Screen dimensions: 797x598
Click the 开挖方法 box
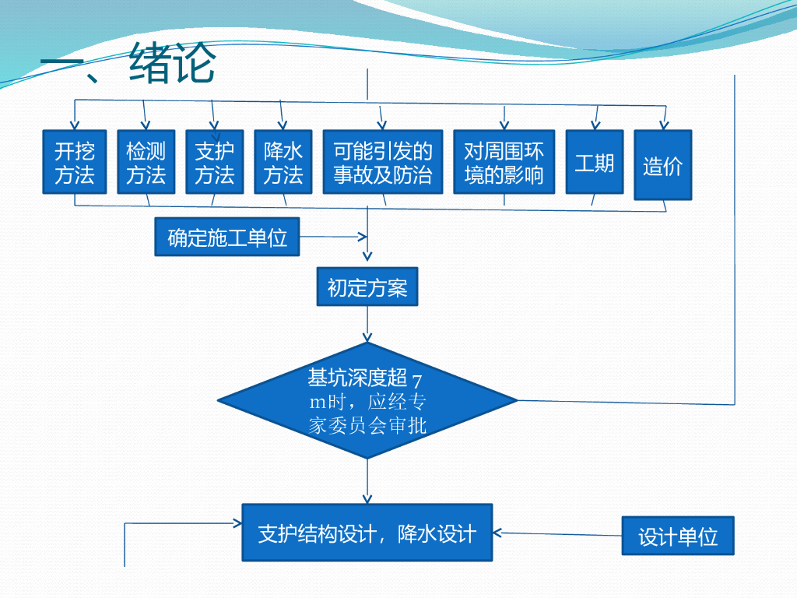pyautogui.click(x=75, y=162)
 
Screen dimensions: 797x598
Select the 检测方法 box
pyautogui.click(x=146, y=162)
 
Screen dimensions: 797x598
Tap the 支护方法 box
pyautogui.click(x=215, y=162)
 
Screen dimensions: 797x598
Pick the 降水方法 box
pyautogui.click(x=283, y=162)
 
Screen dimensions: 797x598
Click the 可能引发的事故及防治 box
pyautogui.click(x=383, y=162)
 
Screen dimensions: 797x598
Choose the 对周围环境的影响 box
pyautogui.click(x=504, y=162)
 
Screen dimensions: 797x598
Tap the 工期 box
pyautogui.click(x=595, y=162)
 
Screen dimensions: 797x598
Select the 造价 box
pyautogui.click(x=663, y=165)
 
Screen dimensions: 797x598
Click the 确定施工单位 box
pyautogui.click(x=227, y=237)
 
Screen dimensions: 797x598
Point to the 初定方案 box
pyautogui.click(x=367, y=287)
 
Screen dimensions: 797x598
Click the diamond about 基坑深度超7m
pyautogui.click(x=367, y=401)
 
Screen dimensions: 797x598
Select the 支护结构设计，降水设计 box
pyautogui.click(x=367, y=533)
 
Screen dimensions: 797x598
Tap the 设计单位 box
pyautogui.click(x=678, y=536)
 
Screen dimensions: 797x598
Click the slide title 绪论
pyautogui.click(x=172, y=63)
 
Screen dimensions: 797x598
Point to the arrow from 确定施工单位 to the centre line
pyautogui.click(x=333, y=237)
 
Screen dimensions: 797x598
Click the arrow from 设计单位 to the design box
pyautogui.click(x=557, y=534)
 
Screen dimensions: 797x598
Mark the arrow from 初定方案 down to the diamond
pyautogui.click(x=367, y=324)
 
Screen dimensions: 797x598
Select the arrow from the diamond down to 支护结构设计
pyautogui.click(x=367, y=481)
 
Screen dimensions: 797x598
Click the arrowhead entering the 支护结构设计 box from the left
pyautogui.click(x=237, y=522)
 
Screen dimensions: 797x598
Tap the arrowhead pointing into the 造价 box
pyautogui.click(x=664, y=125)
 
